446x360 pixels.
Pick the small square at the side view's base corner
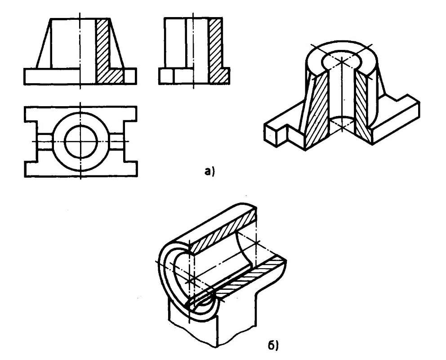click(165, 76)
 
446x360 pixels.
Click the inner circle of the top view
click(81, 141)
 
